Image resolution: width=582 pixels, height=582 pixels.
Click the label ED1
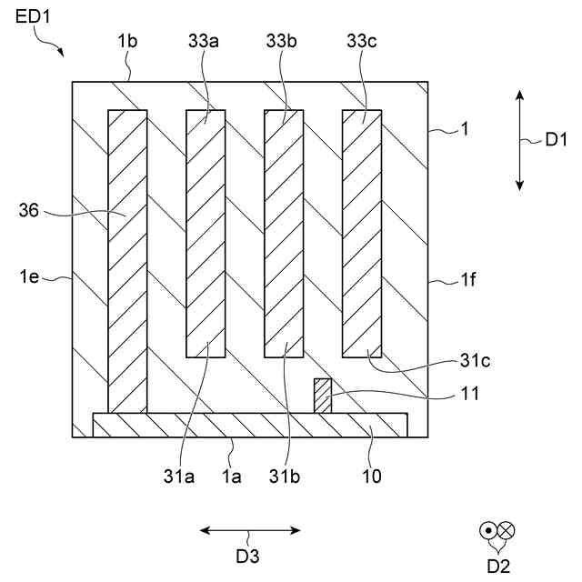click(x=33, y=17)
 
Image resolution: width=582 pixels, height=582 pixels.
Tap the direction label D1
click(x=556, y=139)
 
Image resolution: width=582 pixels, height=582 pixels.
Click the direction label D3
click(x=249, y=554)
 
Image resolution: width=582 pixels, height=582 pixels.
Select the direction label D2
click(x=497, y=566)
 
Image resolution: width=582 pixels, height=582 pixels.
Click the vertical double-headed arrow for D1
click(x=519, y=139)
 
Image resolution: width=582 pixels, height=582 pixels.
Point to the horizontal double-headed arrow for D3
click(x=250, y=530)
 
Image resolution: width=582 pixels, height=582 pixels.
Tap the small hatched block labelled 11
click(x=323, y=396)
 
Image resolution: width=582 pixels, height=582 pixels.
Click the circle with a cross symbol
click(x=507, y=530)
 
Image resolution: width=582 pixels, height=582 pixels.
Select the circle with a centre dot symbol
click(x=489, y=530)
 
